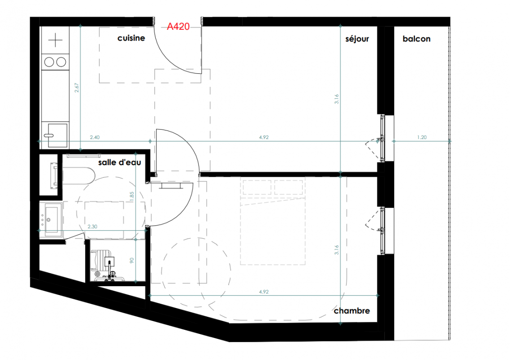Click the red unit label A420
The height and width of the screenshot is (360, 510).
tap(178, 27)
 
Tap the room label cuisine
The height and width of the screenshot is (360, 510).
tap(131, 38)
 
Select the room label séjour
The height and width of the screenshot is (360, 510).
tap(357, 39)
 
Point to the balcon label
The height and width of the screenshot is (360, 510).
tap(416, 39)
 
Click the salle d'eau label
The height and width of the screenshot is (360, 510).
tap(120, 162)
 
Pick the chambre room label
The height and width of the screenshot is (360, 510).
tap(352, 311)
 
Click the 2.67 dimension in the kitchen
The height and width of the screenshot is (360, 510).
tap(77, 88)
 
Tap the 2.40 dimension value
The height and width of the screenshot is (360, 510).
tap(95, 137)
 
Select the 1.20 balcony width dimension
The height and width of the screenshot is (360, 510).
tap(422, 137)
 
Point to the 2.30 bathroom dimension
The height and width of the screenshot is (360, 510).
tap(92, 226)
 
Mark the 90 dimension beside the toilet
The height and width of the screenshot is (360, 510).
tap(132, 261)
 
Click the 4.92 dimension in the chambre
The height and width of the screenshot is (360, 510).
tap(264, 292)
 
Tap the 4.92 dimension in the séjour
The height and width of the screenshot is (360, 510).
tap(264, 137)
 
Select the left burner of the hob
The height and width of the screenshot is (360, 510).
tap(49, 62)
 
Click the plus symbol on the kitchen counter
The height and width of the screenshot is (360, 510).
tap(55, 40)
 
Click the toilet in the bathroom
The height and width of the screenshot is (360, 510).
tap(106, 265)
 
